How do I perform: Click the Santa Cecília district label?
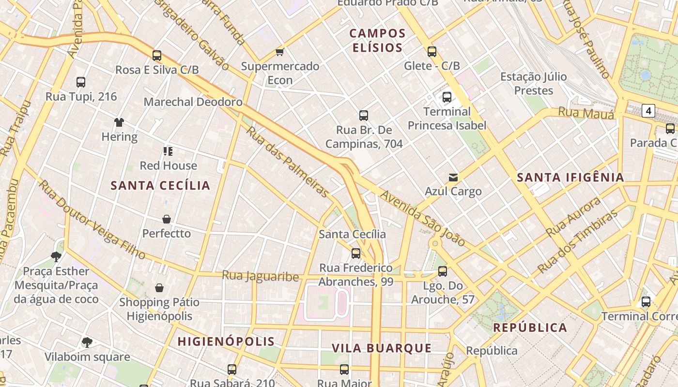tap(160, 185)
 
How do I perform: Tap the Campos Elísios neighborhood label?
tap(377, 41)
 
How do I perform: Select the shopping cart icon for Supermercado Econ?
tap(279, 52)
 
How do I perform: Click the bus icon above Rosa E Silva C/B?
tap(156, 56)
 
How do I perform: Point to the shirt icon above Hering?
tap(119, 122)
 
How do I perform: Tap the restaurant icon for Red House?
tap(168, 151)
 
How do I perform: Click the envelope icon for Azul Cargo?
tap(453, 178)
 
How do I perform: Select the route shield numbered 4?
tap(648, 111)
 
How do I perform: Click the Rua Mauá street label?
tap(586, 113)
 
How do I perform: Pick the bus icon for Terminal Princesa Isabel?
tap(447, 97)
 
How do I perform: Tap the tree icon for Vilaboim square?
tap(87, 343)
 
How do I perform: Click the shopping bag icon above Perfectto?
tap(167, 219)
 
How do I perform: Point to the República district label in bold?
tap(530, 327)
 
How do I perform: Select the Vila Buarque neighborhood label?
tap(382, 348)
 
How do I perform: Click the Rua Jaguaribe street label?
tap(260, 276)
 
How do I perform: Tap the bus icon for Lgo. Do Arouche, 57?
tap(442, 271)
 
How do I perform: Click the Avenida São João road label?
tap(422, 218)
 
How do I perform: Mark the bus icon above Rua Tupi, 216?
tap(81, 82)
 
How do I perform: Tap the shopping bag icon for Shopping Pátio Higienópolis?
tap(159, 288)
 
